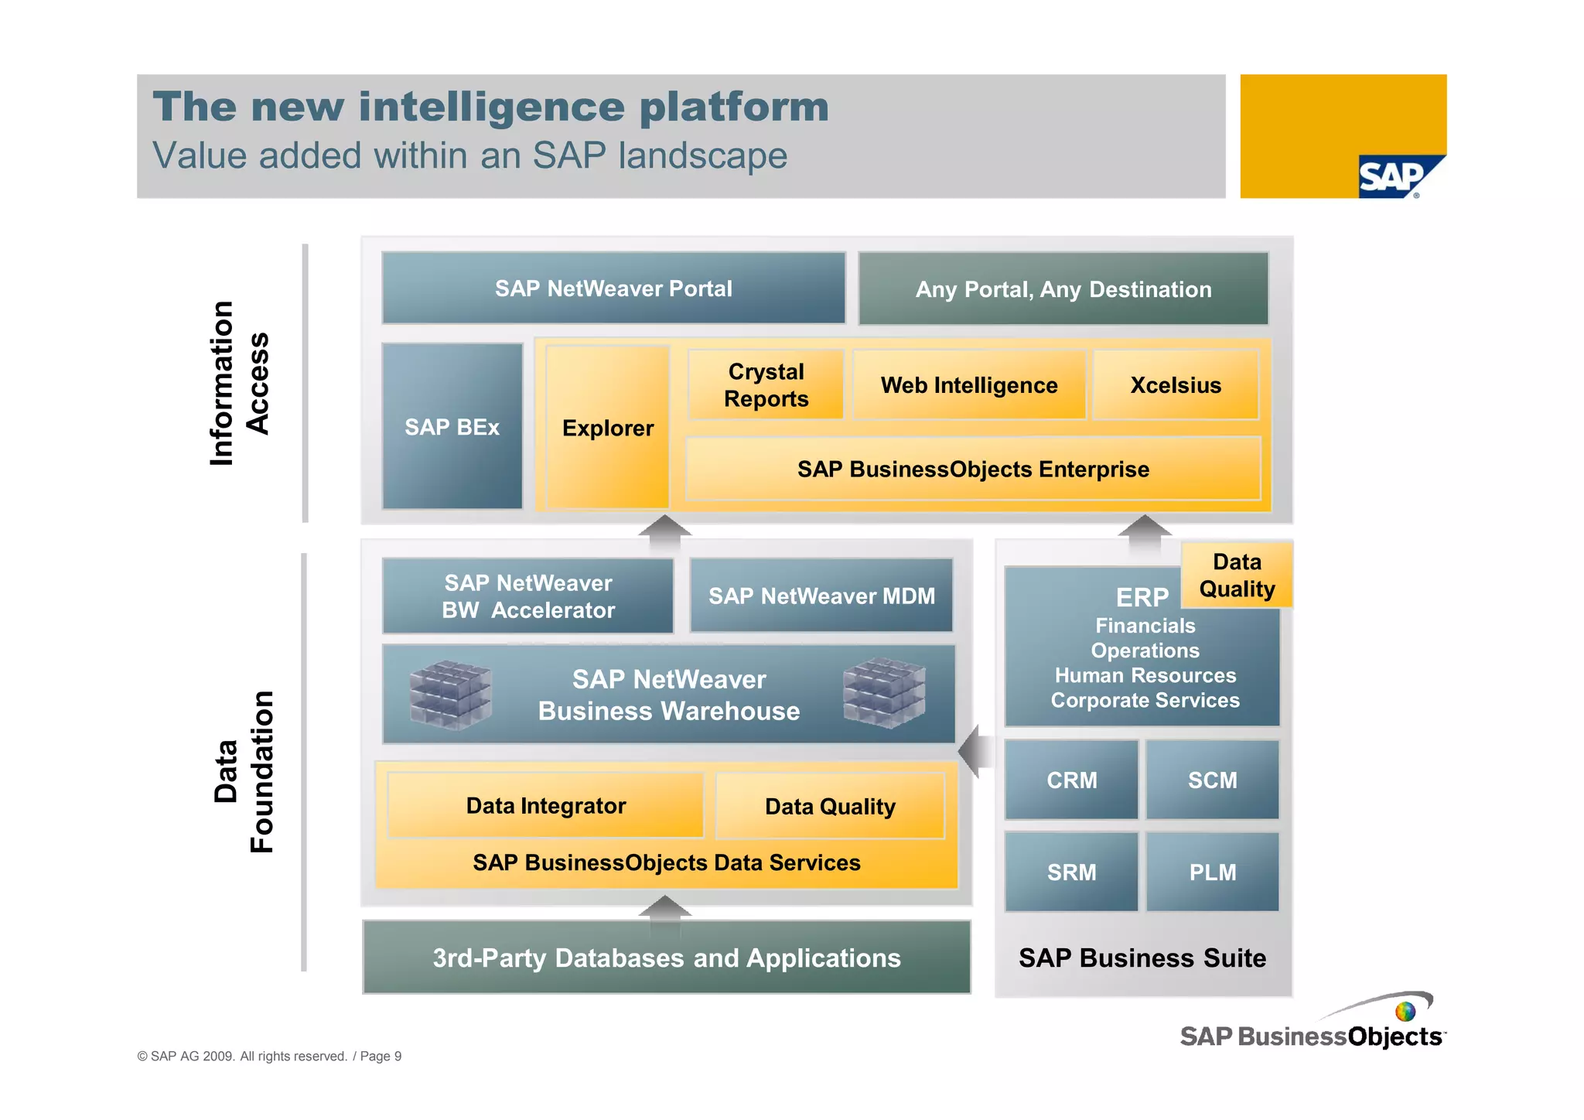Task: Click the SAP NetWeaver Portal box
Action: pyautogui.click(x=613, y=288)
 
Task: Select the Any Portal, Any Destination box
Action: pyautogui.click(x=1063, y=289)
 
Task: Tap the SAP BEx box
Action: pyautogui.click(x=452, y=426)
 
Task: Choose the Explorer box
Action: pyautogui.click(x=608, y=427)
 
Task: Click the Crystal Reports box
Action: pyautogui.click(x=766, y=384)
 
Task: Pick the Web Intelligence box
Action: pyautogui.click(x=969, y=384)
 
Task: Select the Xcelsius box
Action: pyautogui.click(x=1176, y=384)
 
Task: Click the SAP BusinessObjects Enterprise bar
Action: pyautogui.click(x=973, y=469)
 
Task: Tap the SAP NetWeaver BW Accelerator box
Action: pyautogui.click(x=528, y=596)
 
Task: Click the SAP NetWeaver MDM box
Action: pyautogui.click(x=821, y=596)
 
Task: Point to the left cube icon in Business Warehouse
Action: pyautogui.click(x=450, y=695)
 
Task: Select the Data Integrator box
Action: pyautogui.click(x=545, y=805)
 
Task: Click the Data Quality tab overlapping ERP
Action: pyautogui.click(x=1237, y=575)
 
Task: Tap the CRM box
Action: pyautogui.click(x=1071, y=780)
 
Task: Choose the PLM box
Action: pyautogui.click(x=1212, y=872)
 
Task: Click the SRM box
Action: pyautogui.click(x=1071, y=872)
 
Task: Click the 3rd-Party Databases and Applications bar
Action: pyautogui.click(x=667, y=958)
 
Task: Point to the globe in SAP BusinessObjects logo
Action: pyautogui.click(x=1405, y=1011)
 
